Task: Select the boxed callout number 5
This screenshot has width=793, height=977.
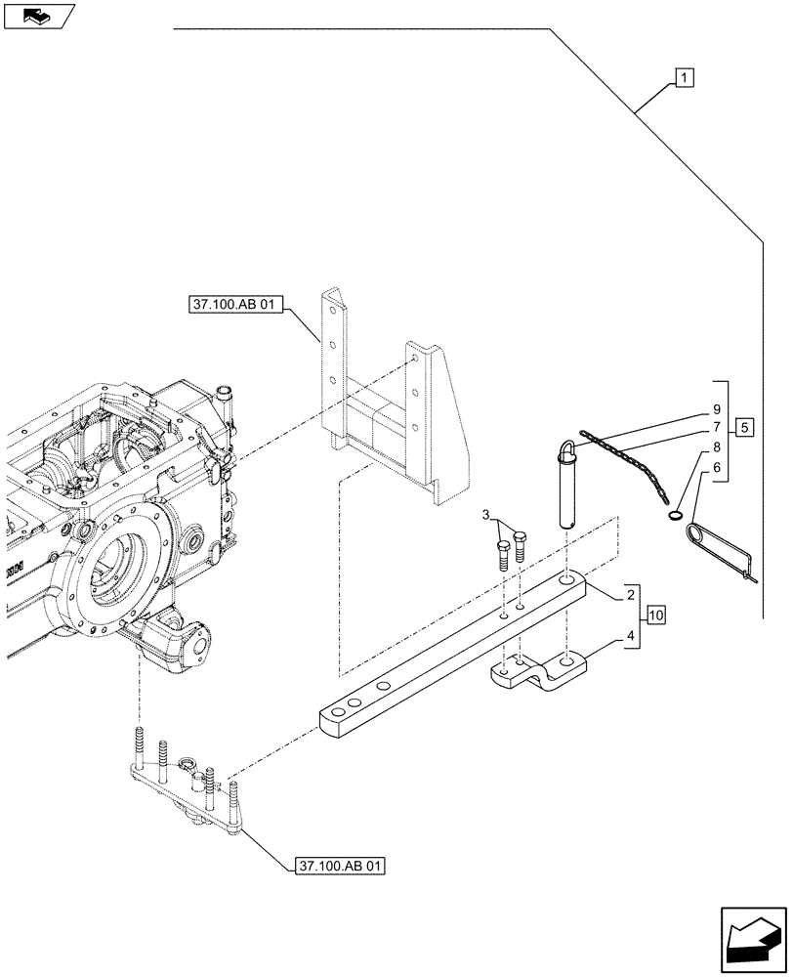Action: point(744,427)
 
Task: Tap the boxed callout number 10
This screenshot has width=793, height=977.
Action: point(654,616)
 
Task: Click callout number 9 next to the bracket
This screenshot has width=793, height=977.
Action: point(716,408)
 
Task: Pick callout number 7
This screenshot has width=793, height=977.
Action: point(716,427)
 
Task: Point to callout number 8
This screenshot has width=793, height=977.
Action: point(716,448)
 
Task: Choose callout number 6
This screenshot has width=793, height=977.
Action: point(716,469)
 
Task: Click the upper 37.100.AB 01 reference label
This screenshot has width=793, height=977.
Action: point(230,306)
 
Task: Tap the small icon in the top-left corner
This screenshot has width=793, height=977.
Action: point(38,15)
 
